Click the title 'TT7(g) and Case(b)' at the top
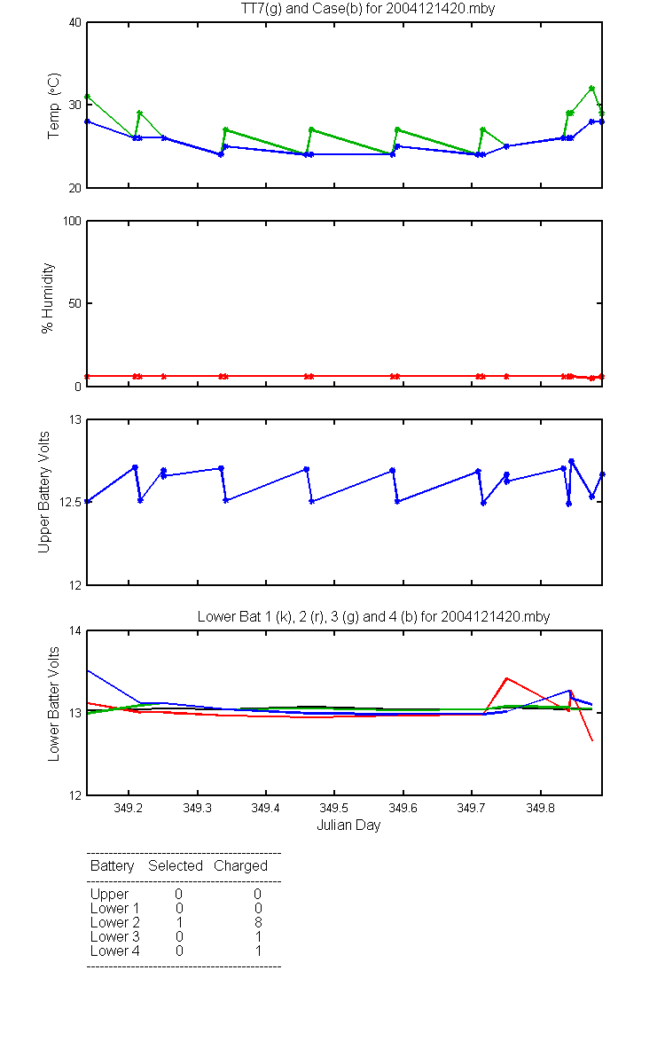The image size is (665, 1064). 301,9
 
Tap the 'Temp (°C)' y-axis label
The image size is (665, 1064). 54,106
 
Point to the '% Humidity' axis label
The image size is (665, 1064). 48,298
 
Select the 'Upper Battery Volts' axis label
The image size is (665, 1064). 43,492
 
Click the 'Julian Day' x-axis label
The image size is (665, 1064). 348,825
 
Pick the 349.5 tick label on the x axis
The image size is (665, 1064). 334,808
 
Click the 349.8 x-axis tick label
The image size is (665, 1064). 540,808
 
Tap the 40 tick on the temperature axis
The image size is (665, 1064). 75,23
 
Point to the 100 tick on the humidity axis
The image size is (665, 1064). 72,222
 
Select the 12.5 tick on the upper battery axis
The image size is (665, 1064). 70,502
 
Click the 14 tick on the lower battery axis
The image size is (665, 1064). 75,630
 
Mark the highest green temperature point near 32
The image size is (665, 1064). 592,89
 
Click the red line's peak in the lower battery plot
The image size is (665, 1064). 507,678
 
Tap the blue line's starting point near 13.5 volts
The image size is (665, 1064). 88,670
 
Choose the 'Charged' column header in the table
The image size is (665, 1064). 240,866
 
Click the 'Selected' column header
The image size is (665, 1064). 176,865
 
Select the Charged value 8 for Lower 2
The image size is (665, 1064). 258,922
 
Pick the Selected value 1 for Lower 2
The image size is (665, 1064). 179,922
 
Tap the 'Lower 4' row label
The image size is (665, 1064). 115,951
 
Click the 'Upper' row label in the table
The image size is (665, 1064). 109,895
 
